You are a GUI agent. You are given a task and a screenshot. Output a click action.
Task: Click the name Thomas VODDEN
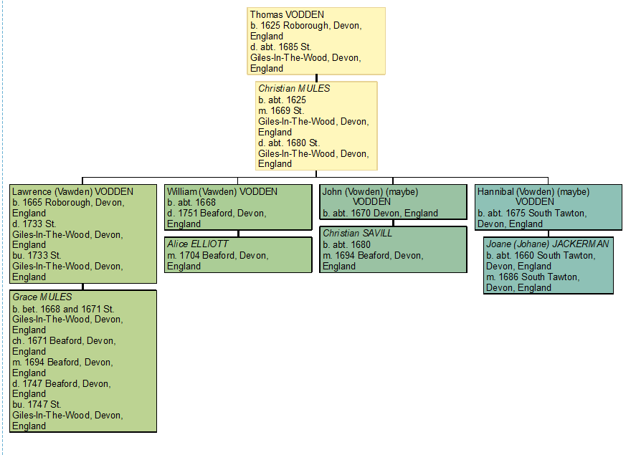coord(287,14)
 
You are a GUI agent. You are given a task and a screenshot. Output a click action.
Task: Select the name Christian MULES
coord(294,88)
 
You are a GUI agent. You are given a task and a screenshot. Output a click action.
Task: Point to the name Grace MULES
coord(42,297)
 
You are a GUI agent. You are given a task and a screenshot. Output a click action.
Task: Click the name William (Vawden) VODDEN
coord(222,191)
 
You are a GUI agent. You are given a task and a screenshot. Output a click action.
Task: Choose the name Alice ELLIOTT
coord(197,244)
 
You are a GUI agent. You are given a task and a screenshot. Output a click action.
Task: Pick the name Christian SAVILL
coord(357,234)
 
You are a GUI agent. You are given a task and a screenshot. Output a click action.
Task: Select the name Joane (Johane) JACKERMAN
coord(547,244)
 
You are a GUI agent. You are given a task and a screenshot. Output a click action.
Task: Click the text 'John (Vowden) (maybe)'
coord(370,191)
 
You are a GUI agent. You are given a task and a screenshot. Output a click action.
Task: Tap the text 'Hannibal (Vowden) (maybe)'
coord(533,191)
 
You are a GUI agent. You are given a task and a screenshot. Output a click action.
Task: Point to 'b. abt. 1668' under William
coord(191,202)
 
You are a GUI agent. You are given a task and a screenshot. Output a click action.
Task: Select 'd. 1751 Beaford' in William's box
coord(216,213)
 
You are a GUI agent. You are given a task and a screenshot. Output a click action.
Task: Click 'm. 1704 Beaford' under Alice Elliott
coord(217,255)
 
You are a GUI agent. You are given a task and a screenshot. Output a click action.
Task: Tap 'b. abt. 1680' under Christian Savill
coord(346,244)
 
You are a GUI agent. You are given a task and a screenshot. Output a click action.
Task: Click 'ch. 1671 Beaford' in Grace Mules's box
coord(64,340)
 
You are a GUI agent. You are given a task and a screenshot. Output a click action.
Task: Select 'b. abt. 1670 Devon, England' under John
coord(380,213)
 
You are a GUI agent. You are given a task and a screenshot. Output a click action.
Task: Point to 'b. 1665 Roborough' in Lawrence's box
coord(68,202)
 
